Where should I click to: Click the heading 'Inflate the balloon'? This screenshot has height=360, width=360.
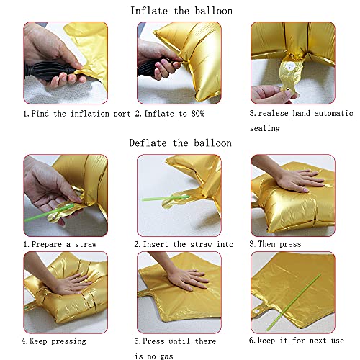[x=181, y=11]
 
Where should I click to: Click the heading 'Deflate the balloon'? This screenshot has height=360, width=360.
[x=181, y=143]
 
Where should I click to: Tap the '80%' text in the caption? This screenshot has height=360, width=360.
[x=198, y=114]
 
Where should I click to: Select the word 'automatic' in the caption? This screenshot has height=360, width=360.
[x=333, y=113]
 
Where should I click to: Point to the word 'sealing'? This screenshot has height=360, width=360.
[x=265, y=128]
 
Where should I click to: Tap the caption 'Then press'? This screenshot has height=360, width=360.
[x=279, y=244]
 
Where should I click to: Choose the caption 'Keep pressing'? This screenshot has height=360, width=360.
[x=58, y=341]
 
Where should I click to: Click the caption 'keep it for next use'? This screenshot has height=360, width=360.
[x=301, y=341]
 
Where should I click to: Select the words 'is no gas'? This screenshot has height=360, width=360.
[x=154, y=356]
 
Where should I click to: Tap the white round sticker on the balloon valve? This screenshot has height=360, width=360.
[x=291, y=66]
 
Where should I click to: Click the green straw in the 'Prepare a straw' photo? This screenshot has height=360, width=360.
[x=49, y=213]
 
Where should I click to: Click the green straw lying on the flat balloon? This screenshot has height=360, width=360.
[x=294, y=302]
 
